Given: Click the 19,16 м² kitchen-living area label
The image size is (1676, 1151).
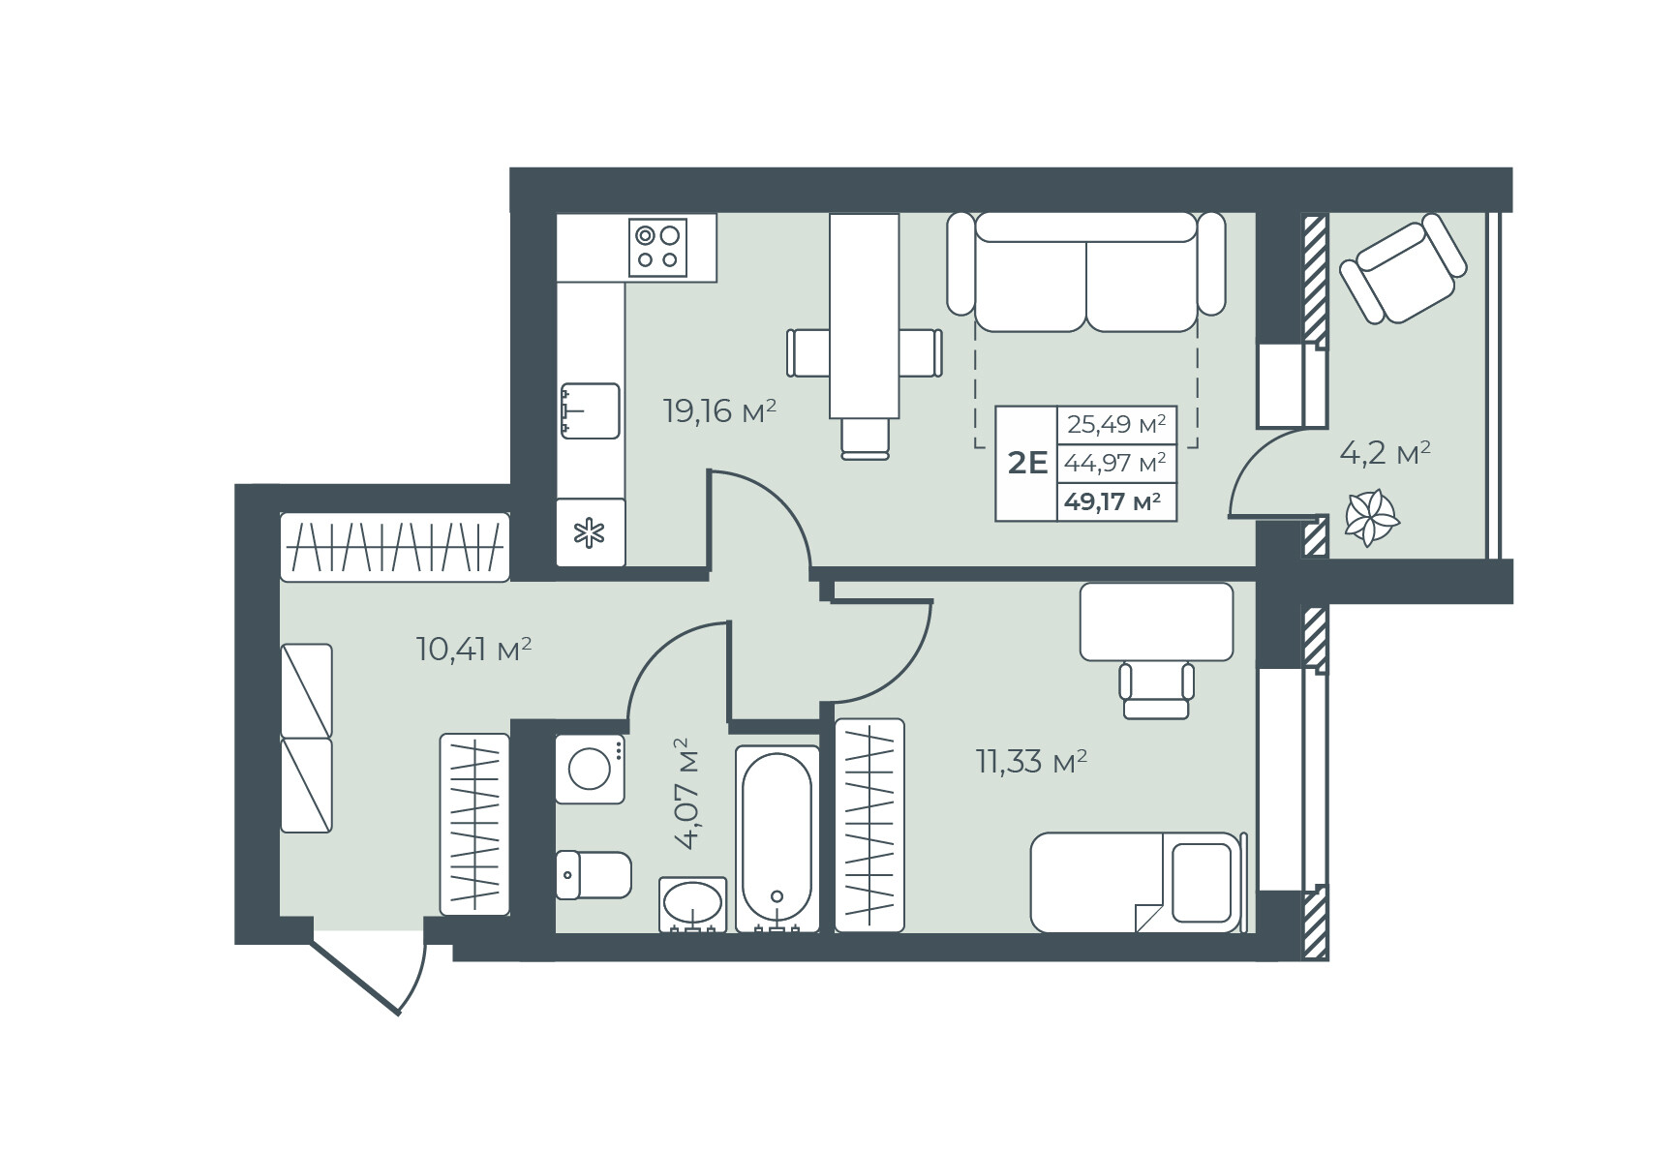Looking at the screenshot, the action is point(719,411).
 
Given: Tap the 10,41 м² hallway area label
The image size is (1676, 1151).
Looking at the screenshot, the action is point(473,648).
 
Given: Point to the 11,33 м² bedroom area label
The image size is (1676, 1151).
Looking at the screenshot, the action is point(1031,762).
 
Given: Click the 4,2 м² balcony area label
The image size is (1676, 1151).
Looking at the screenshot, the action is point(1385,452).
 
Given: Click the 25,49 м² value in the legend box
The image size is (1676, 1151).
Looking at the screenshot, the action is point(1116,424).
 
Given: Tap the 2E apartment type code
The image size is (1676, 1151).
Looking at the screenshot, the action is point(1027,463).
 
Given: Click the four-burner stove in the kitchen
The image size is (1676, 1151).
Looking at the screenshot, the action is point(658,247).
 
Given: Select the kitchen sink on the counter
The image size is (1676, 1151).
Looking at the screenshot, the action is point(590,410).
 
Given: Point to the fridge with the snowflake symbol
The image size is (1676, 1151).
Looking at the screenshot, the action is point(590,532).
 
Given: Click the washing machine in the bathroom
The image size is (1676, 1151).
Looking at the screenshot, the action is point(590,770).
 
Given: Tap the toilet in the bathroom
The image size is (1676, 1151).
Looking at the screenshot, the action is point(594,875).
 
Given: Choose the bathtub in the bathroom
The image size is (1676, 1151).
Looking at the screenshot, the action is point(777,838).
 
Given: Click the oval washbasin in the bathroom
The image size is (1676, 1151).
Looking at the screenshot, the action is point(693,904).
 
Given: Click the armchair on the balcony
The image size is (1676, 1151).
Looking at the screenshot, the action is point(1403,269).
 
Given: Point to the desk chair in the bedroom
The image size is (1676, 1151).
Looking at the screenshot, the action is point(1156,688).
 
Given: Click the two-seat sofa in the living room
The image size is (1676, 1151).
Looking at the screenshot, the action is point(1086,271).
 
